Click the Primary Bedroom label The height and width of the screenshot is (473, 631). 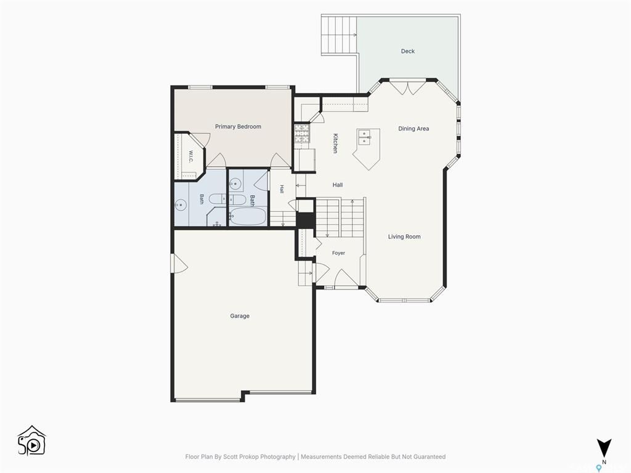tap(238, 127)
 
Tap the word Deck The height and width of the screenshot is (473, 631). tap(408, 51)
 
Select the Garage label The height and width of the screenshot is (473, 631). tap(240, 316)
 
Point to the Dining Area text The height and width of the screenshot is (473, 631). tap(413, 129)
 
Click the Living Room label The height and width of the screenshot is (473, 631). tap(404, 236)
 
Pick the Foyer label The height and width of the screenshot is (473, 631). tap(338, 253)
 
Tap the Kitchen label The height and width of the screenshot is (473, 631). tap(335, 143)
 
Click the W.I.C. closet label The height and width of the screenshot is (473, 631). tap(191, 157)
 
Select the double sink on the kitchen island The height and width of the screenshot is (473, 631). tap(365, 137)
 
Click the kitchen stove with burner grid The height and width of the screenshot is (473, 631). tap(302, 134)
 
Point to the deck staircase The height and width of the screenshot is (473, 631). tap(339, 35)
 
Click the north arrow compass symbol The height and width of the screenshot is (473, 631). tap(604, 448)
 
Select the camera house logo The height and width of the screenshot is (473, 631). tap(32, 441)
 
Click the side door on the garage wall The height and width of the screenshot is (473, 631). tap(179, 264)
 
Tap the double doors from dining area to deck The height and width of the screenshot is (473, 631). tap(408, 88)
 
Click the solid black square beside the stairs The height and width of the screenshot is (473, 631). tap(306, 220)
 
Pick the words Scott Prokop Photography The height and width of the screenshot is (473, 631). tap(261, 456)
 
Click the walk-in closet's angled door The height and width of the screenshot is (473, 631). tap(198, 140)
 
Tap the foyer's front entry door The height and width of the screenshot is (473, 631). tap(346, 279)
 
